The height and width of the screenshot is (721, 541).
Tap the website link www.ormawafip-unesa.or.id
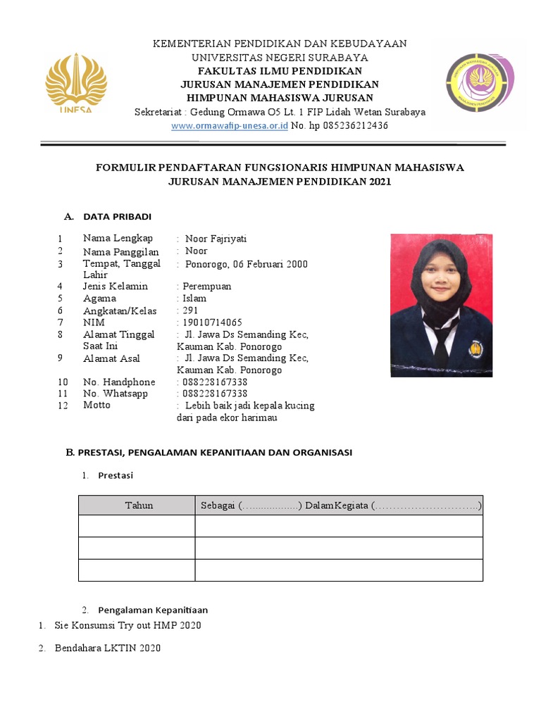click(230, 125)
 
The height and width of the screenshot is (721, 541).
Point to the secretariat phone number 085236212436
click(349, 125)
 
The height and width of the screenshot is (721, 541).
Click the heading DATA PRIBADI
click(117, 216)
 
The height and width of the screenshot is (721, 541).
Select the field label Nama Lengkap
click(118, 239)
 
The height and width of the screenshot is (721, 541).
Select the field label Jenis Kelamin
click(116, 287)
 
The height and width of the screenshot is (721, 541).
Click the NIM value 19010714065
click(212, 322)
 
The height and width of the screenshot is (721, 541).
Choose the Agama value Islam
click(194, 299)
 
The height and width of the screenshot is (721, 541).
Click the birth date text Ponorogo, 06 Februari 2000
click(246, 264)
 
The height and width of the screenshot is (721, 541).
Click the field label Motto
click(97, 406)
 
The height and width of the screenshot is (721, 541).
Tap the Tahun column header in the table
click(139, 506)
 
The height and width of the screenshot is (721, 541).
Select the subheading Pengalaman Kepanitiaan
click(153, 610)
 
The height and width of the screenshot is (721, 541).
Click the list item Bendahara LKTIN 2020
click(107, 648)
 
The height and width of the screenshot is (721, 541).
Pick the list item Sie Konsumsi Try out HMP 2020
click(128, 626)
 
